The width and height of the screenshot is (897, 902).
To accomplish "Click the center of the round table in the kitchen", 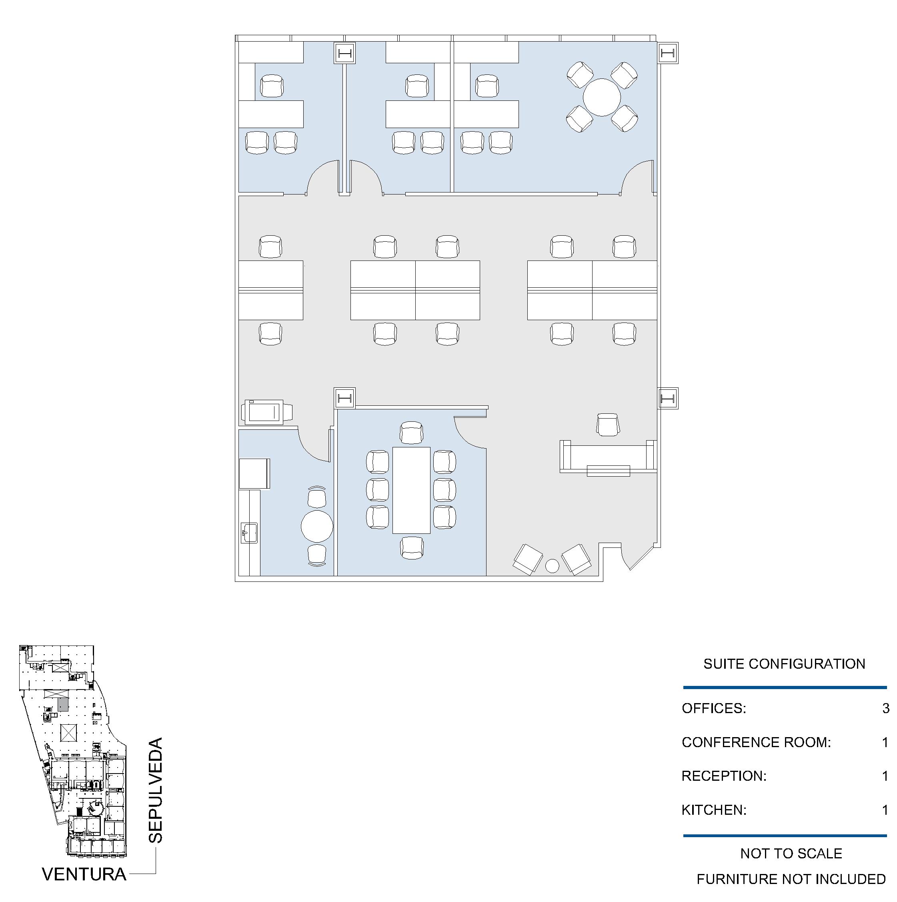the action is tap(317, 526).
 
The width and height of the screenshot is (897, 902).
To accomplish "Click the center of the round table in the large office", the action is tap(602, 97).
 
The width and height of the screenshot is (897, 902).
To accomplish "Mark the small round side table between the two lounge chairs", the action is tap(552, 566).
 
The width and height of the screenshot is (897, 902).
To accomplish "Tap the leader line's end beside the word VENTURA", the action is tap(130, 874).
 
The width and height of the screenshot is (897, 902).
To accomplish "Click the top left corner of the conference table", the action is tap(393, 447).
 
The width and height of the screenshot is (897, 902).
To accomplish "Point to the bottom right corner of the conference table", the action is tap(430, 533).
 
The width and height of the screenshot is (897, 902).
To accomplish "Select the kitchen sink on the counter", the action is tap(249, 533).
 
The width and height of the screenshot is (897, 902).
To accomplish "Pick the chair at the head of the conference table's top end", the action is tap(412, 433).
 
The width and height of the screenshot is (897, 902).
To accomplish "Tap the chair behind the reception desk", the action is tap(608, 424).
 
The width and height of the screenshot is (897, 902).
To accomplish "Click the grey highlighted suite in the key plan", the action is tap(63, 704).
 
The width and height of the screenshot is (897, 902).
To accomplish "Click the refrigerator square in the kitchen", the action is tap(254, 473).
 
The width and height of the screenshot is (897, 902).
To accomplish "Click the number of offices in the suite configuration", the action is tap(886, 708).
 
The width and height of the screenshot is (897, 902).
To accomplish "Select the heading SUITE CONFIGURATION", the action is tap(784, 664).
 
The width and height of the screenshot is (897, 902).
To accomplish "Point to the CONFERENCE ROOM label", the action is tap(756, 742).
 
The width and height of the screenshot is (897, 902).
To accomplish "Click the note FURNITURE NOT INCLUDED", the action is tap(791, 879).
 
